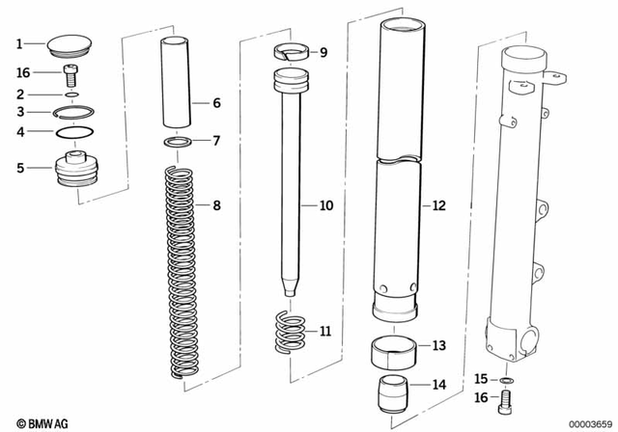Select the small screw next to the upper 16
(70, 73)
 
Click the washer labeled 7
(174, 143)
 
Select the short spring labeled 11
(290, 331)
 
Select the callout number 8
(216, 205)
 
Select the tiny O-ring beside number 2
(70, 94)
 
